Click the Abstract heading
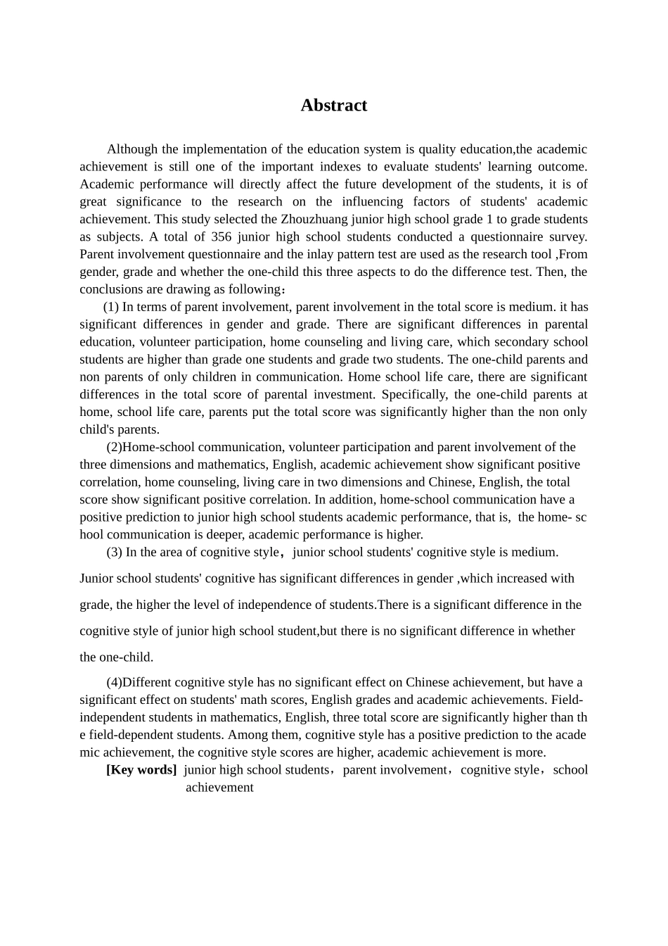[x=333, y=106]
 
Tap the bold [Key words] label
[x=141, y=769]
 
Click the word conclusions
[x=110, y=289]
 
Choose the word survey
[x=567, y=237]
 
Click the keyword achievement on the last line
[x=219, y=787]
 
